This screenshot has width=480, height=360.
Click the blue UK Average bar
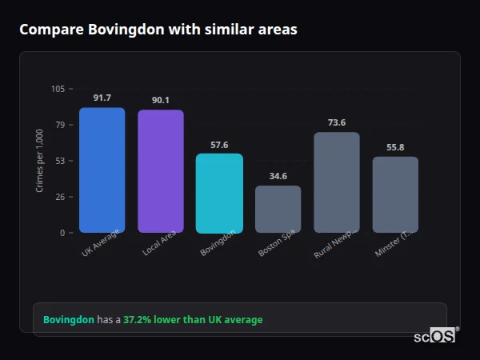[x=102, y=170]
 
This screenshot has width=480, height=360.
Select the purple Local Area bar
[x=160, y=171]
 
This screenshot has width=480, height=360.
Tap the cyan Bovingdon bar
[x=219, y=194]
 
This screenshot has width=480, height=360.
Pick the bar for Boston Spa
[x=278, y=210]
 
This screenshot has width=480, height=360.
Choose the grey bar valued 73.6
[x=336, y=182]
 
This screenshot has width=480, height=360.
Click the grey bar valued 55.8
[x=395, y=194]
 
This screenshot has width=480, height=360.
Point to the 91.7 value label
[x=102, y=98]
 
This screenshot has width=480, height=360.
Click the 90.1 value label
[x=160, y=100]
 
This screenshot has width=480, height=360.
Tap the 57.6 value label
[x=219, y=145]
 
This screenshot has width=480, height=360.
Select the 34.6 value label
[x=278, y=176]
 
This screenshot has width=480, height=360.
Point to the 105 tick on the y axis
[x=58, y=89]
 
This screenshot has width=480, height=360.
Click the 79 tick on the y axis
[x=60, y=125]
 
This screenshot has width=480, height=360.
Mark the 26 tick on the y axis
[x=60, y=197]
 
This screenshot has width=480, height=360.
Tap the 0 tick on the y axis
[x=62, y=233]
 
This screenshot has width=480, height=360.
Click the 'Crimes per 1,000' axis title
[x=40, y=161]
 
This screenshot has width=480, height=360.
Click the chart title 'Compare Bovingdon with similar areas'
[x=158, y=30]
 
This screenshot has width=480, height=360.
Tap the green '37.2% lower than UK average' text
[x=192, y=320]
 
